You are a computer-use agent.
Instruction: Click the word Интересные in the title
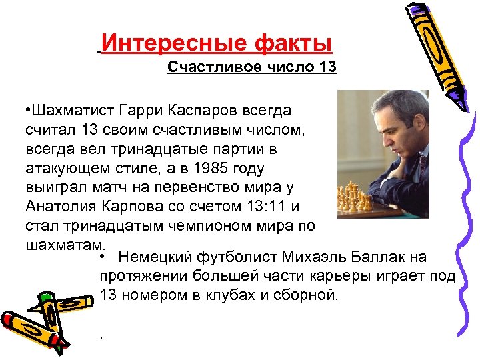click(x=175, y=44)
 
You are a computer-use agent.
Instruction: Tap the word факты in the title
click(x=293, y=44)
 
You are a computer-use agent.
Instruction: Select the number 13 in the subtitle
click(x=328, y=67)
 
